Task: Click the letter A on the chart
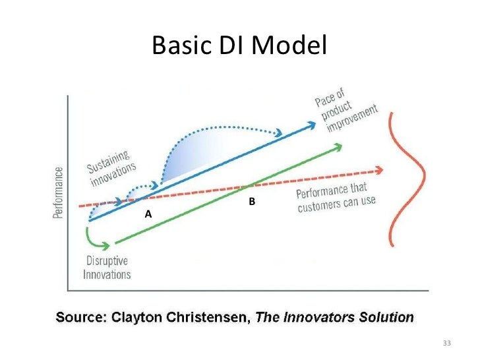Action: [x=148, y=215]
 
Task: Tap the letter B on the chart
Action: [x=251, y=200]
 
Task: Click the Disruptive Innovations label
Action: [x=107, y=267]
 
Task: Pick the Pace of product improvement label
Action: [x=347, y=111]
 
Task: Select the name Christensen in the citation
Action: [x=210, y=317]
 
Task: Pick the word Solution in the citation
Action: [x=386, y=317]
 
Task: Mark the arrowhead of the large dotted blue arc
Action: [x=280, y=132]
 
